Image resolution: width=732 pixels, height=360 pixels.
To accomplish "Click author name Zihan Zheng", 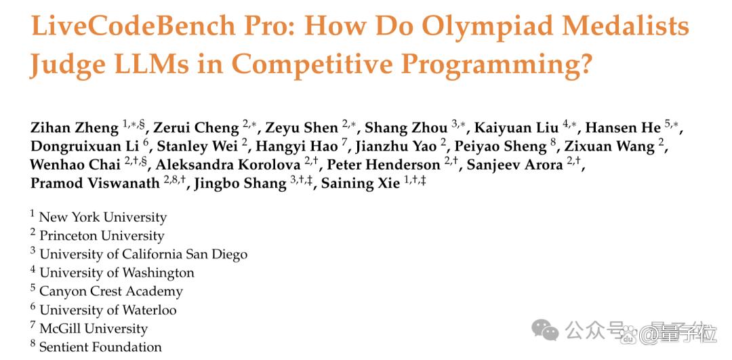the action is pos(75,127).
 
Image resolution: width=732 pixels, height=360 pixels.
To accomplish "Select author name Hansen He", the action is pos(624,127).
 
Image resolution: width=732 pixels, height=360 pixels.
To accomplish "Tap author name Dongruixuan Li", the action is pos(85,146).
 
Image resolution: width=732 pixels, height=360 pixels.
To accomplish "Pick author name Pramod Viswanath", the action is pos(96,183).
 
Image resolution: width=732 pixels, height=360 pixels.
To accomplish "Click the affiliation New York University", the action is pos(103,218).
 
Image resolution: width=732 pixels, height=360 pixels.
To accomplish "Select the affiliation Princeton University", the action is pos(102,236).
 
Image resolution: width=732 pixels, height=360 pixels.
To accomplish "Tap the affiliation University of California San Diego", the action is pos(143,254).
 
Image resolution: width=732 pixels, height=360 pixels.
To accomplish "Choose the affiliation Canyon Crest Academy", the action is pos(111,292).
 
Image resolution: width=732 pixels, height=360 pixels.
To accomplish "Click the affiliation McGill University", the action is pos(94,328).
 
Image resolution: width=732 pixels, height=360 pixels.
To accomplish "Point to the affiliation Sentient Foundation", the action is pos(100,347).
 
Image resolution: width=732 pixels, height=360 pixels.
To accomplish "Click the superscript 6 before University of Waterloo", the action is pos(33,306).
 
